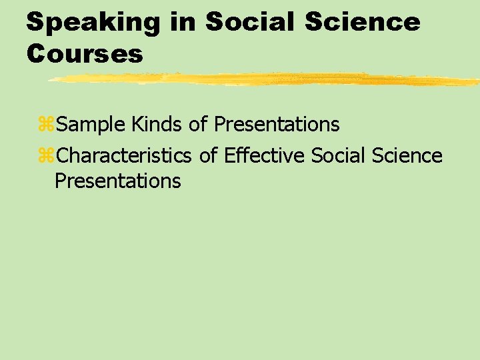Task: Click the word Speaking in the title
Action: tap(93, 22)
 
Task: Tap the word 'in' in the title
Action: tap(183, 22)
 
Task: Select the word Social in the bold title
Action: tap(250, 22)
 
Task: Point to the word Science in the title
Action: tap(363, 22)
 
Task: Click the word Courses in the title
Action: tap(85, 54)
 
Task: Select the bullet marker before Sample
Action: tap(47, 125)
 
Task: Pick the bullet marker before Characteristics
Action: tap(47, 156)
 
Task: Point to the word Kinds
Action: tap(155, 124)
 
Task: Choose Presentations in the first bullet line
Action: tap(277, 124)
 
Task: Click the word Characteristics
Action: tap(124, 156)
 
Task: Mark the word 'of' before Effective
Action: tap(208, 156)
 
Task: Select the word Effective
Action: tap(264, 156)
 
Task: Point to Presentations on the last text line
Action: tap(117, 181)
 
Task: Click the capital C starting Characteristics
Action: tap(62, 156)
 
